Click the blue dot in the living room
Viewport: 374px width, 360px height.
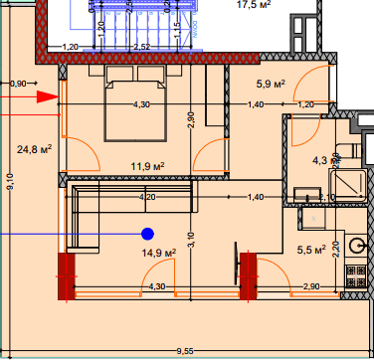pos(147,235)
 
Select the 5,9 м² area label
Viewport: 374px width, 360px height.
pos(272,85)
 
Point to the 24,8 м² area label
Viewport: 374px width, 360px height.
pos(35,150)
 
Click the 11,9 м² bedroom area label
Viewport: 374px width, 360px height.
pos(147,166)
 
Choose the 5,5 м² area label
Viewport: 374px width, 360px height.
pos(312,251)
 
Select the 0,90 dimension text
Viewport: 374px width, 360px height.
pos(18,84)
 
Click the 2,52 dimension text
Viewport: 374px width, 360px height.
pos(141,47)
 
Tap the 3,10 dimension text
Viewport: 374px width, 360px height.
pos(190,238)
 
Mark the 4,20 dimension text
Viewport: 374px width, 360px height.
pos(147,198)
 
